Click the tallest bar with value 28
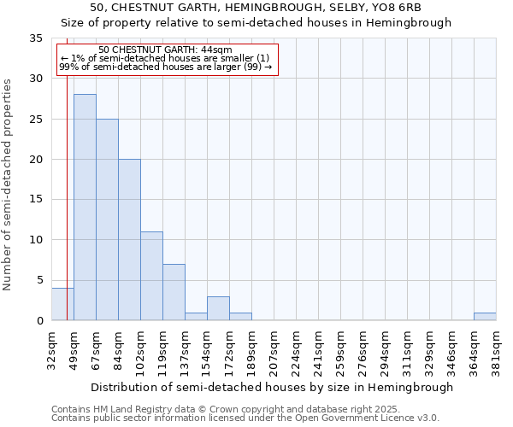pos(85,208)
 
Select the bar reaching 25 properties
pos(107,219)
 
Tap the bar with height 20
pos(129,240)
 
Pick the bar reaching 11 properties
pos(151,276)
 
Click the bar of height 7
pos(174,292)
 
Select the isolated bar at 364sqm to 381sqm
pos(485,317)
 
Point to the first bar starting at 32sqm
pos(62,304)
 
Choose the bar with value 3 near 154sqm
pos(218,308)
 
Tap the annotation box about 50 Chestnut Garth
pos(168,59)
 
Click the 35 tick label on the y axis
pos(36,38)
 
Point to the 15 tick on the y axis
pos(36,200)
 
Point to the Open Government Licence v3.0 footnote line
pos(245,418)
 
